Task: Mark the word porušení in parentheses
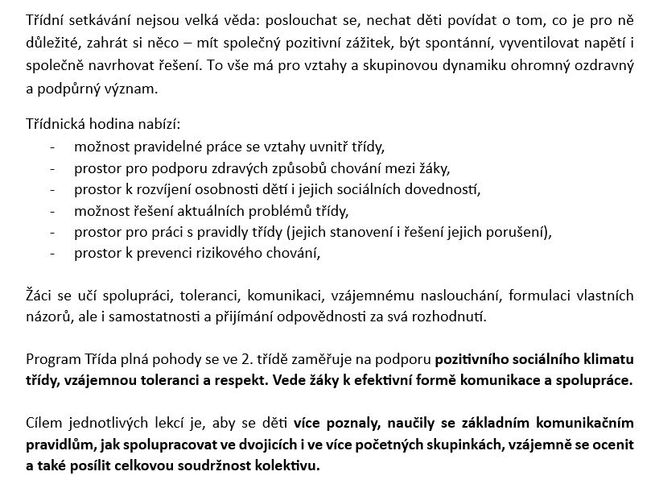514,232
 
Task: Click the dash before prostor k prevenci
53,253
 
